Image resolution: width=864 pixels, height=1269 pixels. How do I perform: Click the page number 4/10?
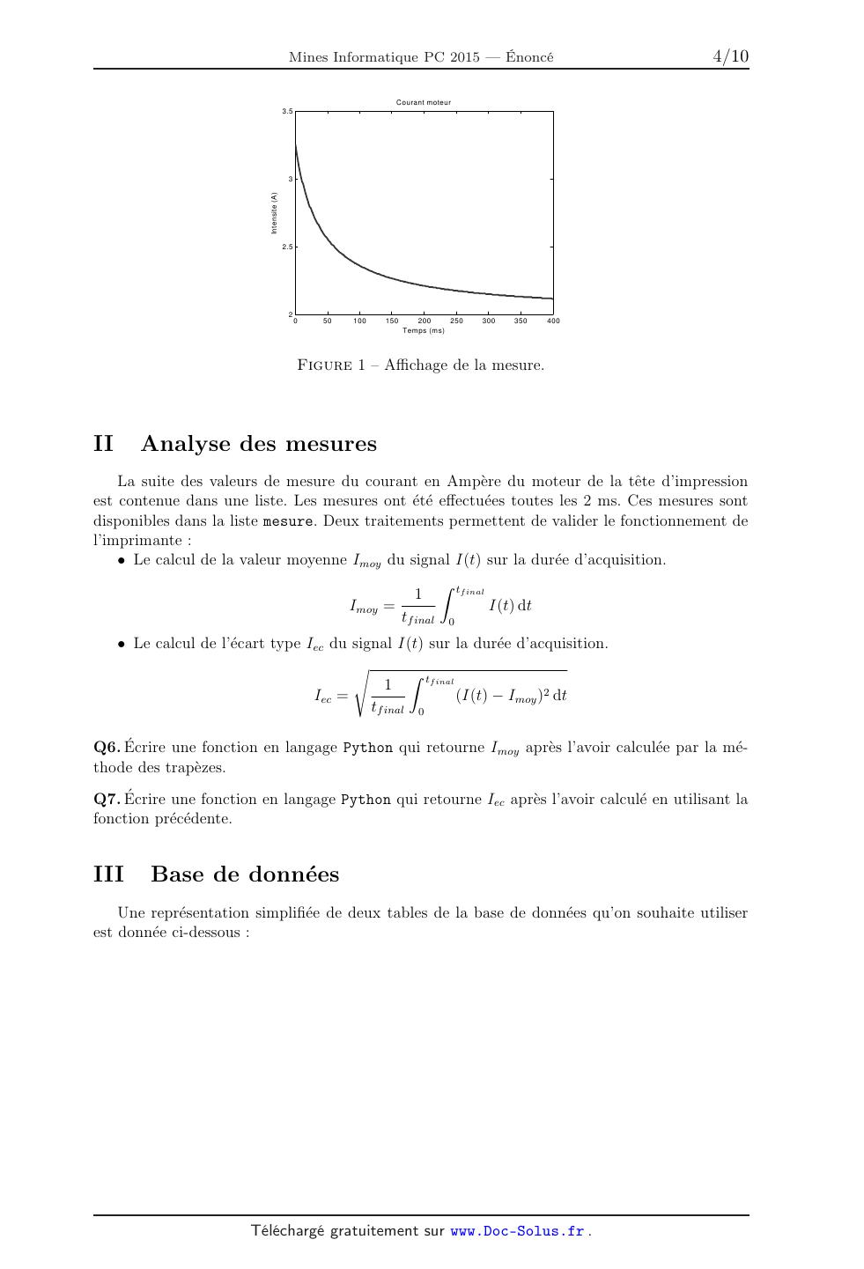(730, 57)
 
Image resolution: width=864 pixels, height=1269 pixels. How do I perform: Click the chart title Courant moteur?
(423, 103)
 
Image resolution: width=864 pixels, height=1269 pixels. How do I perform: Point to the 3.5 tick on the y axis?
(287, 112)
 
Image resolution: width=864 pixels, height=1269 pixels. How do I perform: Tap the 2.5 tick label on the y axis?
(287, 247)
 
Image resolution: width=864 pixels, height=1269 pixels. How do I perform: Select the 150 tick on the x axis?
(392, 321)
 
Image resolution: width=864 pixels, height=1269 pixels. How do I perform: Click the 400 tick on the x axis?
(553, 321)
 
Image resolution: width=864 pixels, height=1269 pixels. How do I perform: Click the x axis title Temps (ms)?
(424, 331)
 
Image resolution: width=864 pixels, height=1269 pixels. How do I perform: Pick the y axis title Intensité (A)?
(275, 213)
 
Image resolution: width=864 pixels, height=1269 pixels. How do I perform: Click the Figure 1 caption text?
(421, 365)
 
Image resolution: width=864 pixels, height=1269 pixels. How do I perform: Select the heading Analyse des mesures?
(258, 444)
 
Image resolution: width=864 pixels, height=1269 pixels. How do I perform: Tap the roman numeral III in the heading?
(108, 874)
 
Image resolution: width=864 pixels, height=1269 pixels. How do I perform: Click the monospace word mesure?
(288, 521)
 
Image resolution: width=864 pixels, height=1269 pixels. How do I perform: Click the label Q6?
(106, 748)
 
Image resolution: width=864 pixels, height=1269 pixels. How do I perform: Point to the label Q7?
(106, 800)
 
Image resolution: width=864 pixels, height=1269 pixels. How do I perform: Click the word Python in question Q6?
(367, 748)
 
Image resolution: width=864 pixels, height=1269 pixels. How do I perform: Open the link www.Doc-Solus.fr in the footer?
(517, 1232)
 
